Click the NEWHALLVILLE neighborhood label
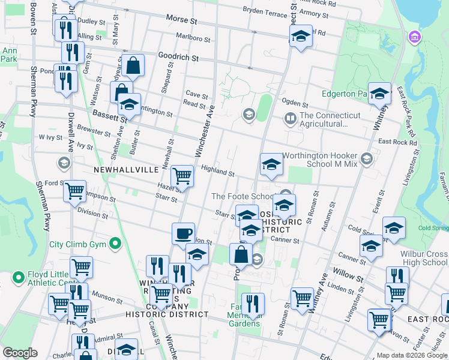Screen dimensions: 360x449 click(127, 170)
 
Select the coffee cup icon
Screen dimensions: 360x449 click(183, 233)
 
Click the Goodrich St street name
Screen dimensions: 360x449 click(178, 57)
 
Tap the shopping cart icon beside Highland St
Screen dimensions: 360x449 click(182, 176)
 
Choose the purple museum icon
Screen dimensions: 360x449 click(414, 38)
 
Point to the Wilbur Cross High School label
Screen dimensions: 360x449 click(425, 258)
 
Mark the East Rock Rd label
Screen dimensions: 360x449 click(397, 142)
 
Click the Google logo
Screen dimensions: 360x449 click(20, 352)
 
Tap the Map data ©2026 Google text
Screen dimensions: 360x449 click(412, 355)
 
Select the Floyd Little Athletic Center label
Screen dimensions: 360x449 click(50, 278)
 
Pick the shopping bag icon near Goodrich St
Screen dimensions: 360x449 click(133, 65)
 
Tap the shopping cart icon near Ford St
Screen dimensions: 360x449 click(74, 191)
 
